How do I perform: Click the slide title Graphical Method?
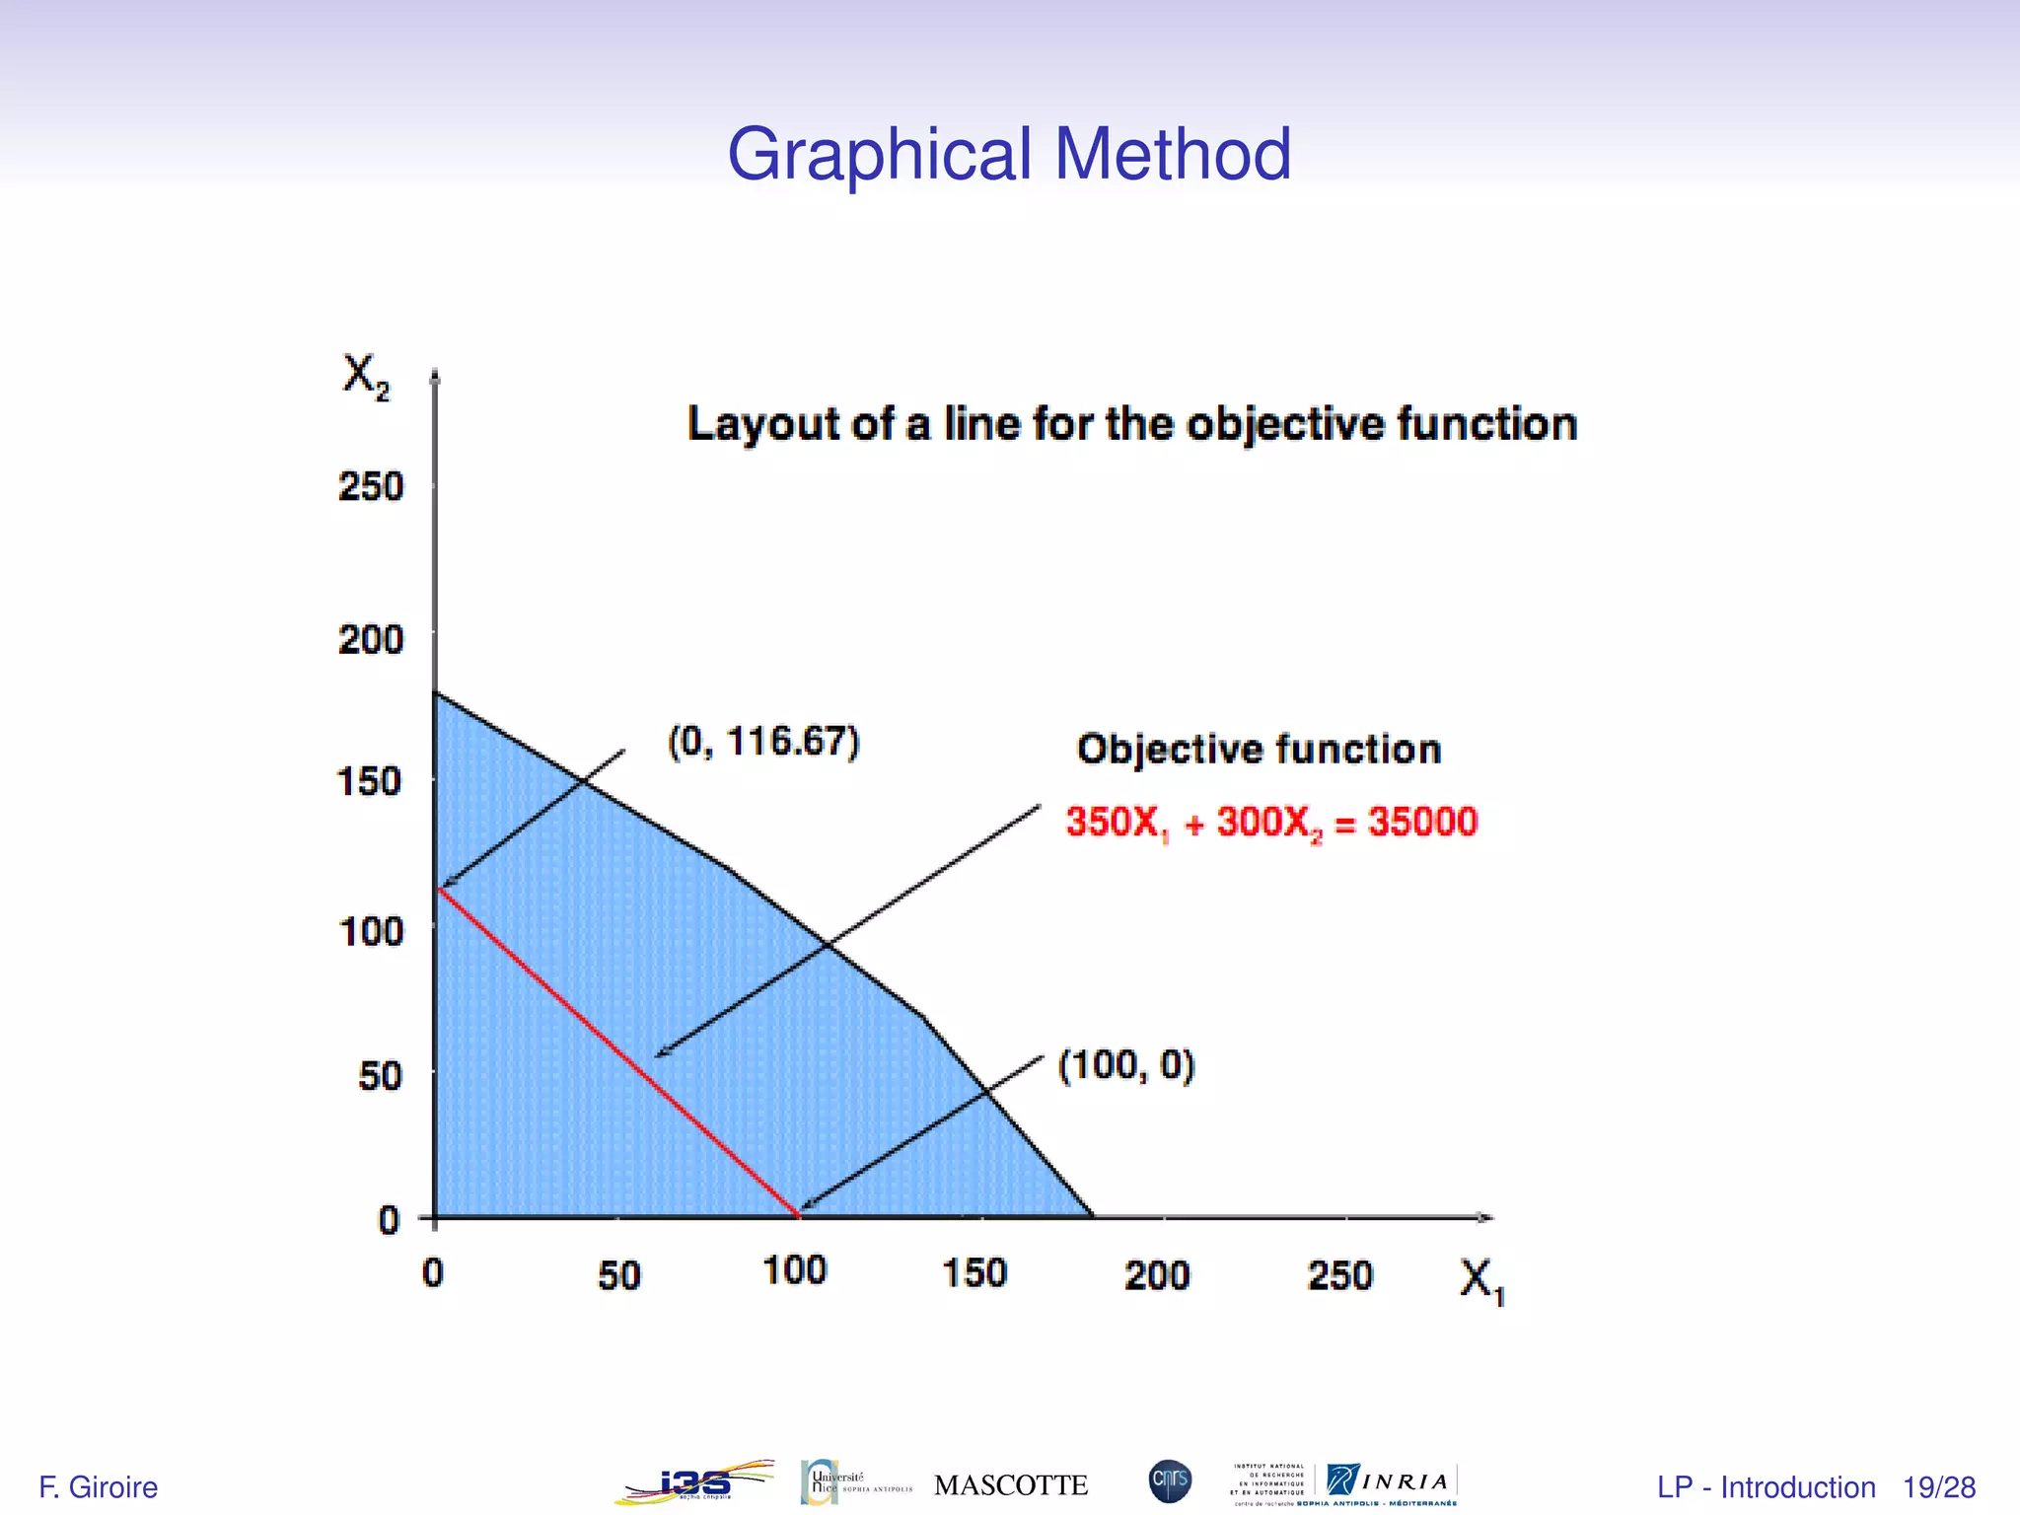pos(1009,154)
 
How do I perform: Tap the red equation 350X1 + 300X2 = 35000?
pos(1271,822)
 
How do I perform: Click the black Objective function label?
pos(1259,750)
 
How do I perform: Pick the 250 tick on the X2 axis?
pos(371,486)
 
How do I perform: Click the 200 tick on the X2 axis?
pos(371,640)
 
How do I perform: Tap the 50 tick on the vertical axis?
pos(381,1075)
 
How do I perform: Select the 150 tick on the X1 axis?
pos(974,1273)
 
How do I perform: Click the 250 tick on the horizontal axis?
pos(1340,1275)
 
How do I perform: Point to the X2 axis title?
pos(365,377)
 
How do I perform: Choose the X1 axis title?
pos(1481,1281)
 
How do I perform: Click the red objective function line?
pos(618,1053)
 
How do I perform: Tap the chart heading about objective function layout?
pos(1131,424)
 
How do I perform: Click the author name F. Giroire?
pos(98,1487)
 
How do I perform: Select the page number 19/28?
pos(1939,1487)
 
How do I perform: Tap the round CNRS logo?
pos(1171,1481)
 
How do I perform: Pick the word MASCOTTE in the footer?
pos(1011,1485)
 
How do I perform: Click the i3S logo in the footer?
pos(694,1482)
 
